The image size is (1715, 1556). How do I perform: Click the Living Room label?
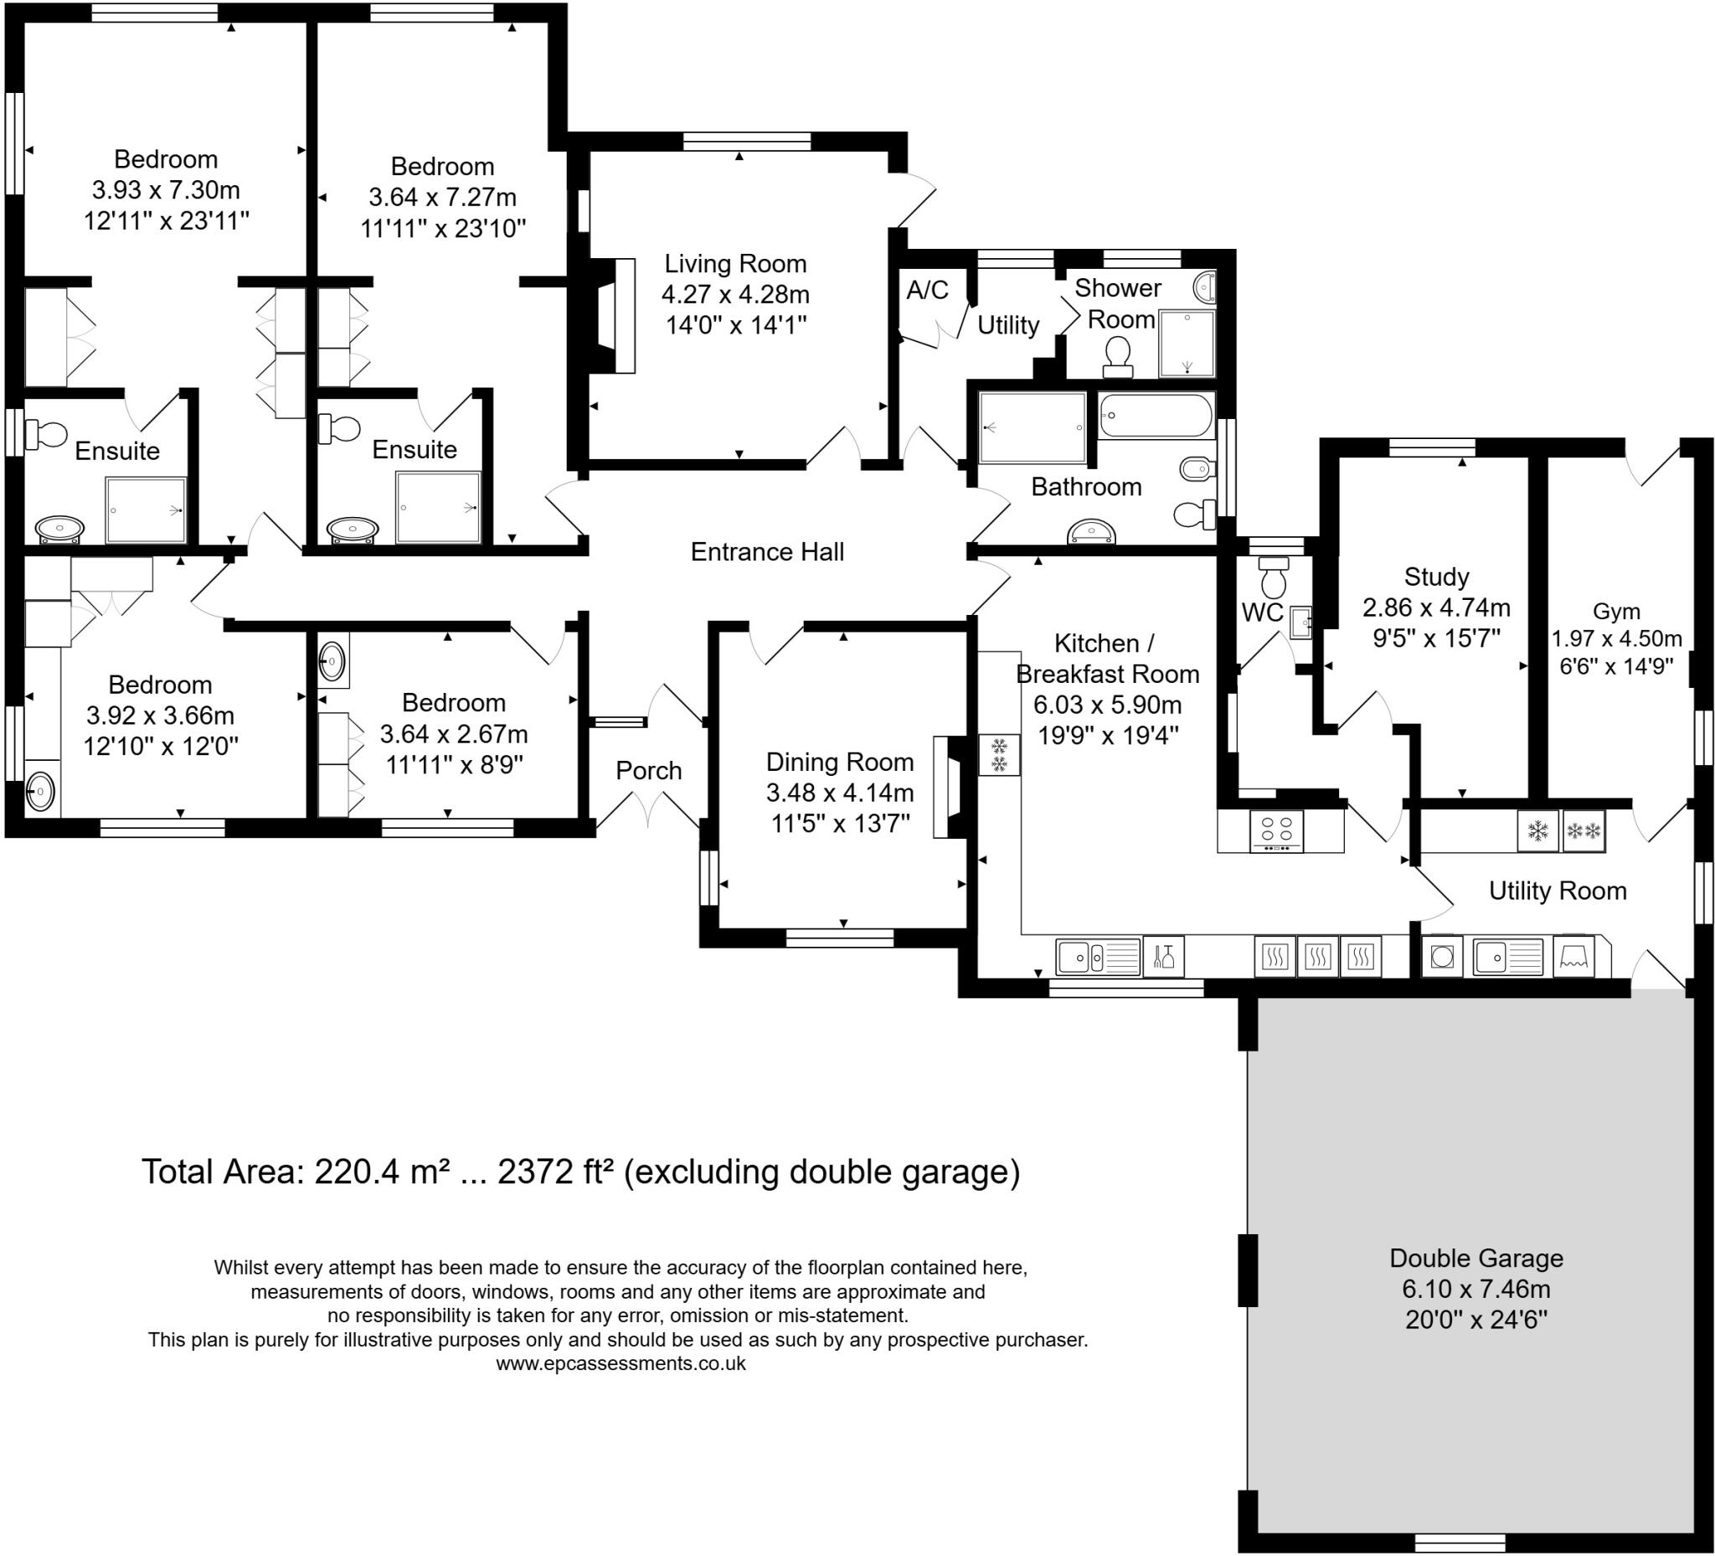click(x=735, y=264)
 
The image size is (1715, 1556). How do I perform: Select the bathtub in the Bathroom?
click(x=1156, y=416)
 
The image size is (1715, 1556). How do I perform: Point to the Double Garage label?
click(x=1476, y=1258)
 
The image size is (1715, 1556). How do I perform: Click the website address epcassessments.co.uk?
click(x=621, y=1362)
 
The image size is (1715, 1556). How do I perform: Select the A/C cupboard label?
click(x=926, y=290)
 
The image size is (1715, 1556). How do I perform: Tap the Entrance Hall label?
click(x=766, y=552)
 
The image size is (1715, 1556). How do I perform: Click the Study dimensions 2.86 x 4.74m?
click(x=1436, y=607)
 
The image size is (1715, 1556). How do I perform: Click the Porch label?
click(x=648, y=770)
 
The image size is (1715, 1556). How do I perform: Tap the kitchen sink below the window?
click(x=1097, y=958)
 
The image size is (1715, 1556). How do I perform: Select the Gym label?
click(x=1615, y=611)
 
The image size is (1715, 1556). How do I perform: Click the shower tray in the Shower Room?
click(x=1187, y=344)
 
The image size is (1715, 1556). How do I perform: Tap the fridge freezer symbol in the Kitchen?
click(x=999, y=755)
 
